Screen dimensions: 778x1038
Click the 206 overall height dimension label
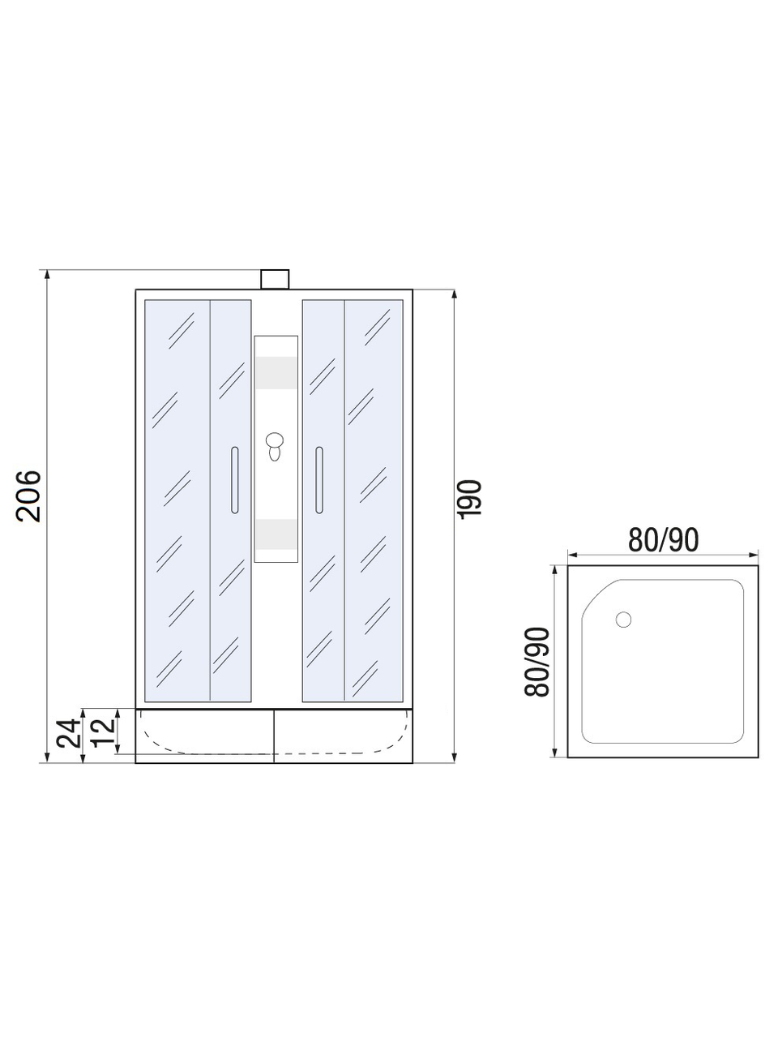[29, 495]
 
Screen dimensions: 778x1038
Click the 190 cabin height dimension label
[471, 499]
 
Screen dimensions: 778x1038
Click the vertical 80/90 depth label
[537, 662]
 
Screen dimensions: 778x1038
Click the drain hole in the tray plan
[623, 620]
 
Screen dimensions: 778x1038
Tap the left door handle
[235, 480]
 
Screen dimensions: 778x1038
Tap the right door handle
[319, 480]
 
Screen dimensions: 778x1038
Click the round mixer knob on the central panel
[275, 440]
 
